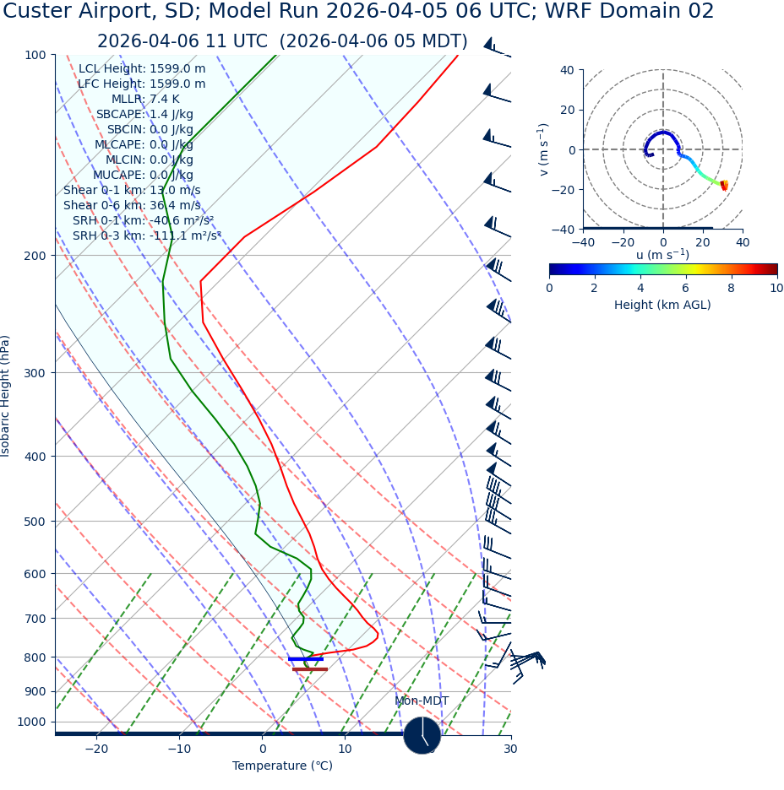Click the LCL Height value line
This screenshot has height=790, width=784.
pos(142,69)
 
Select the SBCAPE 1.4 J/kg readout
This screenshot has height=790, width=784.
pos(144,115)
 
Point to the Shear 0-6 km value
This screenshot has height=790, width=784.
pos(132,206)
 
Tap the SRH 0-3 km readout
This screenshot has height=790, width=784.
pos(146,236)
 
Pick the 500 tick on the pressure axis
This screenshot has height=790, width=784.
pos(35,522)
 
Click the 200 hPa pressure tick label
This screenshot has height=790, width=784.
pos(35,256)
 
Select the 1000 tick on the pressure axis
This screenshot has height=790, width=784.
pos(31,722)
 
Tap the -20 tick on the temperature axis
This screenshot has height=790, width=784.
pos(96,749)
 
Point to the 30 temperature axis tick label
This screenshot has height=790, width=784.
pos(510,749)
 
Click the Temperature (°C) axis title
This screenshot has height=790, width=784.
pos(282,766)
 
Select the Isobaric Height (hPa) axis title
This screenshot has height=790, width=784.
pos(6,396)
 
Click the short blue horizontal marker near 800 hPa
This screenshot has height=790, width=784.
pos(305,659)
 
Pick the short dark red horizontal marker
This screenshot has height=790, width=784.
pos(309,669)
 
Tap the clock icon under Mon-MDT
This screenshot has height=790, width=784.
pos(422,735)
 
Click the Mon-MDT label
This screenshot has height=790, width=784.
pos(422,701)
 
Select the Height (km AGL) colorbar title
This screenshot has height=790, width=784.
pos(662,306)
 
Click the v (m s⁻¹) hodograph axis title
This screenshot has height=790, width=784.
pos(543,149)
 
